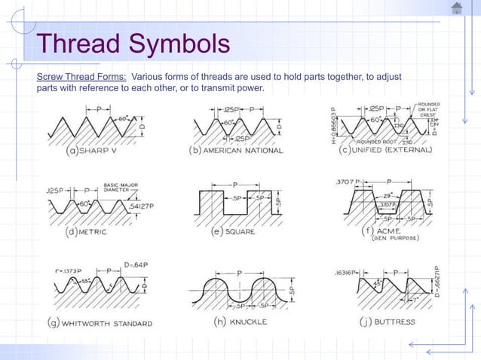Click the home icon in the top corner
click(x=458, y=8)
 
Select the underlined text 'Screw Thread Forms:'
click(x=82, y=77)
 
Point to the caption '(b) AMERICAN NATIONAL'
click(x=235, y=151)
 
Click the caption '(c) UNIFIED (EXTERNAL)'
click(x=386, y=150)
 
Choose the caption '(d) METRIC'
click(x=87, y=232)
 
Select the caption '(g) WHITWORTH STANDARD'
click(x=100, y=324)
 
